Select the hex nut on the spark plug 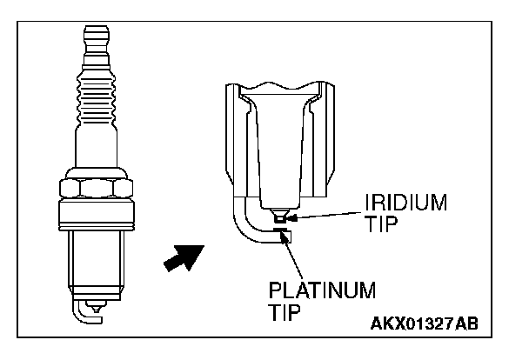coord(96,190)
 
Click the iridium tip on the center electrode coord(278,219)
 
